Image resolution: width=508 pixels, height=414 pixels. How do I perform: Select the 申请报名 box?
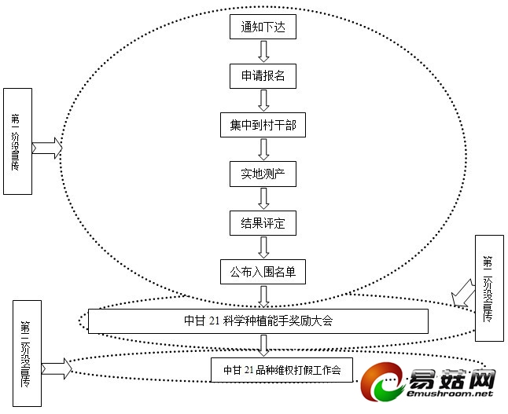pos(263,76)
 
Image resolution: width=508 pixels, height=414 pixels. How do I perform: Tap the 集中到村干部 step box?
pos(263,125)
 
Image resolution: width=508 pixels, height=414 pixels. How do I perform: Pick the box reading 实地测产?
pos(263,174)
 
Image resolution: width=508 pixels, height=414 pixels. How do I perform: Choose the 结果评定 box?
pos(263,222)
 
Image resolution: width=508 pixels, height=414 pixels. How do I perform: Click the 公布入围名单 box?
pos(263,272)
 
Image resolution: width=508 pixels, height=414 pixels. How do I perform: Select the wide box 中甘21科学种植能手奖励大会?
pos(258,321)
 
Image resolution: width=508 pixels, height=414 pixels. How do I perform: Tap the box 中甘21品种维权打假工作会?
pos(281,369)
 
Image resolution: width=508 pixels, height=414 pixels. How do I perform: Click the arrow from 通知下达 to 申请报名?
pos(264,52)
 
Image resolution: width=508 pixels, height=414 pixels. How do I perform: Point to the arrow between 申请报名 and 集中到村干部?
pos(264,101)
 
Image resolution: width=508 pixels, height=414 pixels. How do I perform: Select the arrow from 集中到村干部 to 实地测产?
pos(264,149)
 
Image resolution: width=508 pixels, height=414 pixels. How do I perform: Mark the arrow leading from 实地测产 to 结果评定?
pos(264,198)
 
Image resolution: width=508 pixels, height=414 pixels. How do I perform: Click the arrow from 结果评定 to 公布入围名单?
pos(264,247)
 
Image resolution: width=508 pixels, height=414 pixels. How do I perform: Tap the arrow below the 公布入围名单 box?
pos(264,296)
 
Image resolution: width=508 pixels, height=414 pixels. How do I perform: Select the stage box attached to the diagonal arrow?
pos(488,288)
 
